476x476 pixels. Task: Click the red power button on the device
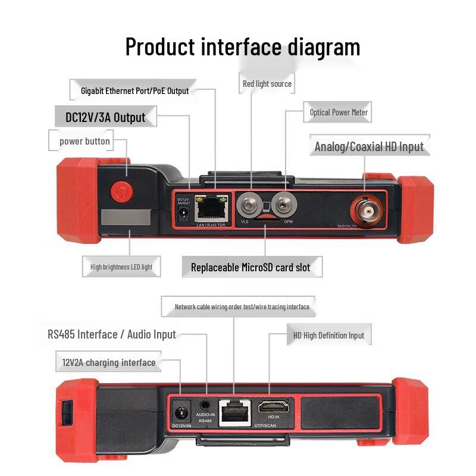121,192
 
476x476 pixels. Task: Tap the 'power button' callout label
84,142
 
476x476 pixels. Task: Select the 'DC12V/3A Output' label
105,117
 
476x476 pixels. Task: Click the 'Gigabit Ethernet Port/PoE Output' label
134,91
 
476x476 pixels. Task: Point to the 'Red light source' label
267,84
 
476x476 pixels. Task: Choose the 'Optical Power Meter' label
339,112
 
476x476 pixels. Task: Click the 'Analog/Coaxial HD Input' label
369,146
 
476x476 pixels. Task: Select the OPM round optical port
284,206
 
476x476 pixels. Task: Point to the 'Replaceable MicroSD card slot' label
250,268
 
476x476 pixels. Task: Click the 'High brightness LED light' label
121,267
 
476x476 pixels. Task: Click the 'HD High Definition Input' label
328,336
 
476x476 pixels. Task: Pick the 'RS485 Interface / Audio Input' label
112,334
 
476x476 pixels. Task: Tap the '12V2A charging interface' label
109,362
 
